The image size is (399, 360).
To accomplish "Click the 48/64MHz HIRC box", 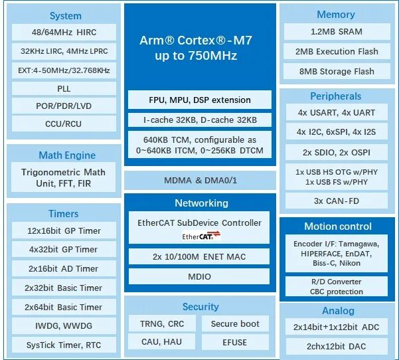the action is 64,33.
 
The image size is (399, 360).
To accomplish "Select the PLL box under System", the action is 64,89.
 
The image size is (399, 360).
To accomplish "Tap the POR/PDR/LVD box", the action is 64,106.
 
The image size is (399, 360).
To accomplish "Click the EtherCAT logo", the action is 201,236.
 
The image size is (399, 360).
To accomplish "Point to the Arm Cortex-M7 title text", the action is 196,48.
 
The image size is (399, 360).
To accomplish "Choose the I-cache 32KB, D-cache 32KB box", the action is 200,120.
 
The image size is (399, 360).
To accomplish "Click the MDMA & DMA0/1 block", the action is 200,181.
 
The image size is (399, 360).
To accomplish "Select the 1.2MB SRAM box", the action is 337,32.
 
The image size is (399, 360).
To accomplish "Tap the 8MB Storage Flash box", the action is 337,71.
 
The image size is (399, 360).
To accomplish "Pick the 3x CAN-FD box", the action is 337,201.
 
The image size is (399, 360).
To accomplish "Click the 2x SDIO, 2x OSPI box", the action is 337,153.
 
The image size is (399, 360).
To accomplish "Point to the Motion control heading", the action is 338,226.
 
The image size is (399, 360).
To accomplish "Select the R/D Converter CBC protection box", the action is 337,287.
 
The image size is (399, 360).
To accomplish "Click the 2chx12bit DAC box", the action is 337,347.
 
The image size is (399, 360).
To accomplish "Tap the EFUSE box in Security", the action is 235,342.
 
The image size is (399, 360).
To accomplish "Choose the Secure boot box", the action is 235,323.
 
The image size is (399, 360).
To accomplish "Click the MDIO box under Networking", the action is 199,276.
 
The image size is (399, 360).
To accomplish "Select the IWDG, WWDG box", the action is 64,325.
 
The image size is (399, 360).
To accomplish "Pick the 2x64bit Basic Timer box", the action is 64,307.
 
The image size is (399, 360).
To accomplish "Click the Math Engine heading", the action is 67,155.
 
